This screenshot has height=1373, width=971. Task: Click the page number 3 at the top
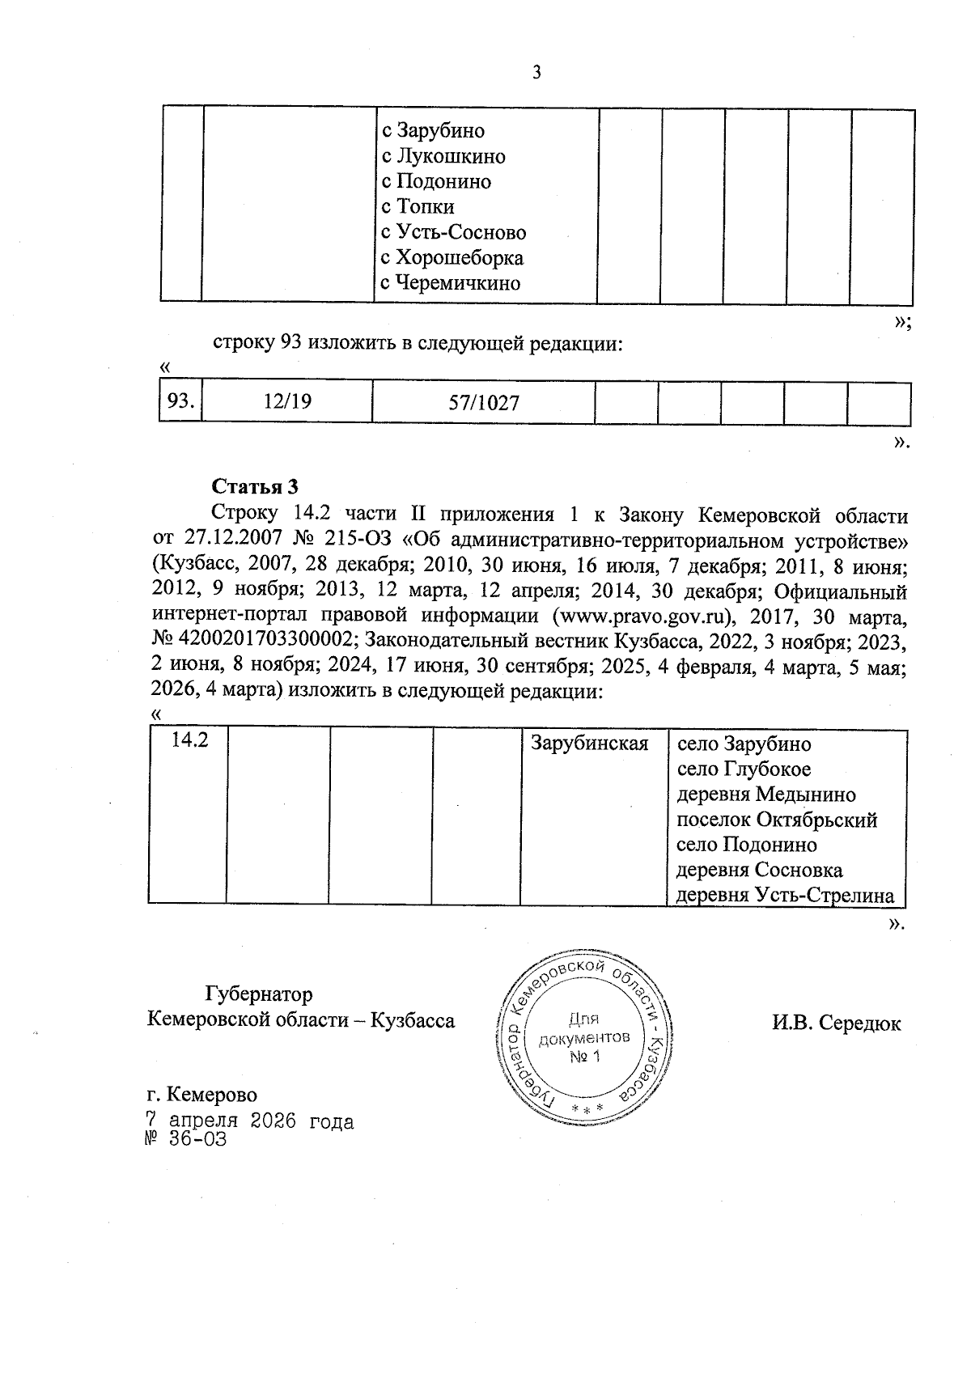click(x=536, y=73)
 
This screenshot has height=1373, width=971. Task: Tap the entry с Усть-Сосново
click(x=453, y=233)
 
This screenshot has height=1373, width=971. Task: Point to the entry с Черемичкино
click(x=451, y=284)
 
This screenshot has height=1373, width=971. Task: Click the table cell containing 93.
click(x=179, y=401)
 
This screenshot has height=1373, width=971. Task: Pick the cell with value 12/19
click(x=287, y=401)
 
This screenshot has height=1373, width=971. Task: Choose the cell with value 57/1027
click(x=484, y=402)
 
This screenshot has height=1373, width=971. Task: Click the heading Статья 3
click(x=255, y=486)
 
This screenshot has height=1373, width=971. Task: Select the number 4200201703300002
click(x=262, y=641)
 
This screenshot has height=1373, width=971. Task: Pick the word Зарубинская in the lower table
click(x=589, y=743)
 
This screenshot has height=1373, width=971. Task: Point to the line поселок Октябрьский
click(x=777, y=820)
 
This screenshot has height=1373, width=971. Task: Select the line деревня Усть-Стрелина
click(x=785, y=896)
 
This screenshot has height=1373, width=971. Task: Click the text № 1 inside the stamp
click(x=585, y=1057)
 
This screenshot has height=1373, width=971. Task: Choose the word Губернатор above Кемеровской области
click(x=259, y=994)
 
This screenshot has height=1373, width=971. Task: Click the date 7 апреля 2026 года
click(x=249, y=1121)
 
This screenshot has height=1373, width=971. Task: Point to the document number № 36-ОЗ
click(x=185, y=1139)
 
